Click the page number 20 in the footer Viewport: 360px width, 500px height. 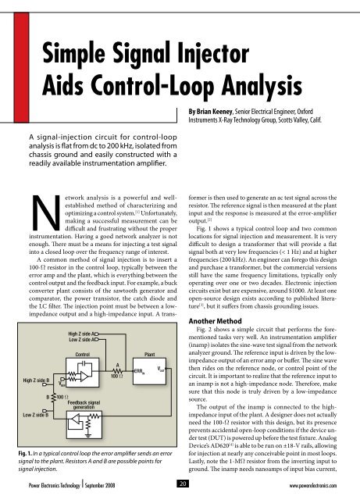(x=180, y=492)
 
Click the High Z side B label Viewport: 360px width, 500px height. (x=33, y=380)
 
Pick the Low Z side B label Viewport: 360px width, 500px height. (x=33, y=416)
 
